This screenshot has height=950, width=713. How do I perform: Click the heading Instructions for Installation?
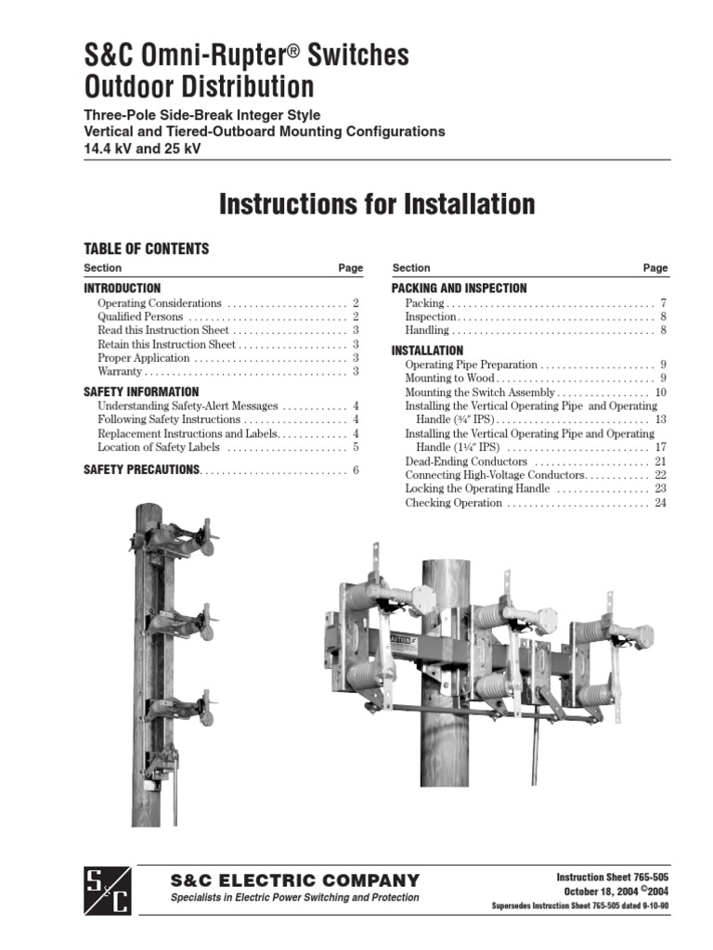pyautogui.click(x=377, y=204)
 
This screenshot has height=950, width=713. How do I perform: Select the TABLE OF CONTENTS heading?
pyautogui.click(x=146, y=249)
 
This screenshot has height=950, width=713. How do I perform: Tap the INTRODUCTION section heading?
pyautogui.click(x=122, y=289)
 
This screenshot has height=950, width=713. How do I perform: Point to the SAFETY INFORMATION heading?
pyautogui.click(x=141, y=392)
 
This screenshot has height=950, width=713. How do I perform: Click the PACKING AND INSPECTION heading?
pyautogui.click(x=459, y=289)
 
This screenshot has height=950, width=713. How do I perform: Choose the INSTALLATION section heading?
pyautogui.click(x=427, y=351)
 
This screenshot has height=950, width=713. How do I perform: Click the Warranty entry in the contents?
pyautogui.click(x=120, y=371)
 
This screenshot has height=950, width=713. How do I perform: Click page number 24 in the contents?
pyautogui.click(x=661, y=503)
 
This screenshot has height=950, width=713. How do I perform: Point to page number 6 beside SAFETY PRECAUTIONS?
pyautogui.click(x=356, y=470)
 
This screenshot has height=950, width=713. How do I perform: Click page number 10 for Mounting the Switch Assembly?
pyautogui.click(x=661, y=392)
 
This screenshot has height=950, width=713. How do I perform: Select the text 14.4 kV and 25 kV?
pyautogui.click(x=142, y=148)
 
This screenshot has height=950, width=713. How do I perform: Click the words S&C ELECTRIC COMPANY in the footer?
pyautogui.click(x=295, y=880)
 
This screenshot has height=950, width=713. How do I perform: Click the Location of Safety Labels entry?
pyautogui.click(x=159, y=447)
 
